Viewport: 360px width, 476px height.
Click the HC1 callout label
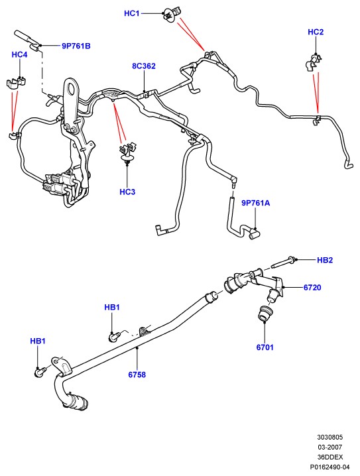click(131, 13)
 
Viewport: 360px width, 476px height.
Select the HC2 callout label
click(316, 32)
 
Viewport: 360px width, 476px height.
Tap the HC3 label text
click(127, 192)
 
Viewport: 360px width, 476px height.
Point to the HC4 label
click(19, 54)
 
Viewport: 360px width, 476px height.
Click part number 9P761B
click(76, 46)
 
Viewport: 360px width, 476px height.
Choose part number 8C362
click(144, 66)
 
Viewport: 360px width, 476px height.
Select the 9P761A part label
click(256, 203)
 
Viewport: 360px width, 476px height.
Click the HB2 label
click(325, 260)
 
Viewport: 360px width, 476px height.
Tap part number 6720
click(312, 287)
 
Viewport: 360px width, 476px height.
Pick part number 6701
click(265, 347)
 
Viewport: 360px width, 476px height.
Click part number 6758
click(137, 375)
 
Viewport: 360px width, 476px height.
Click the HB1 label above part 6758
click(112, 307)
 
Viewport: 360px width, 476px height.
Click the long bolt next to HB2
click(283, 263)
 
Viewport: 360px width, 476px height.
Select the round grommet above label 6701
click(265, 314)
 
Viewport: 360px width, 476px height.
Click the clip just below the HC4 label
click(16, 83)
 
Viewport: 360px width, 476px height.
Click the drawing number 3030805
click(330, 437)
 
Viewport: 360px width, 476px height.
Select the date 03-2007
click(330, 447)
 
